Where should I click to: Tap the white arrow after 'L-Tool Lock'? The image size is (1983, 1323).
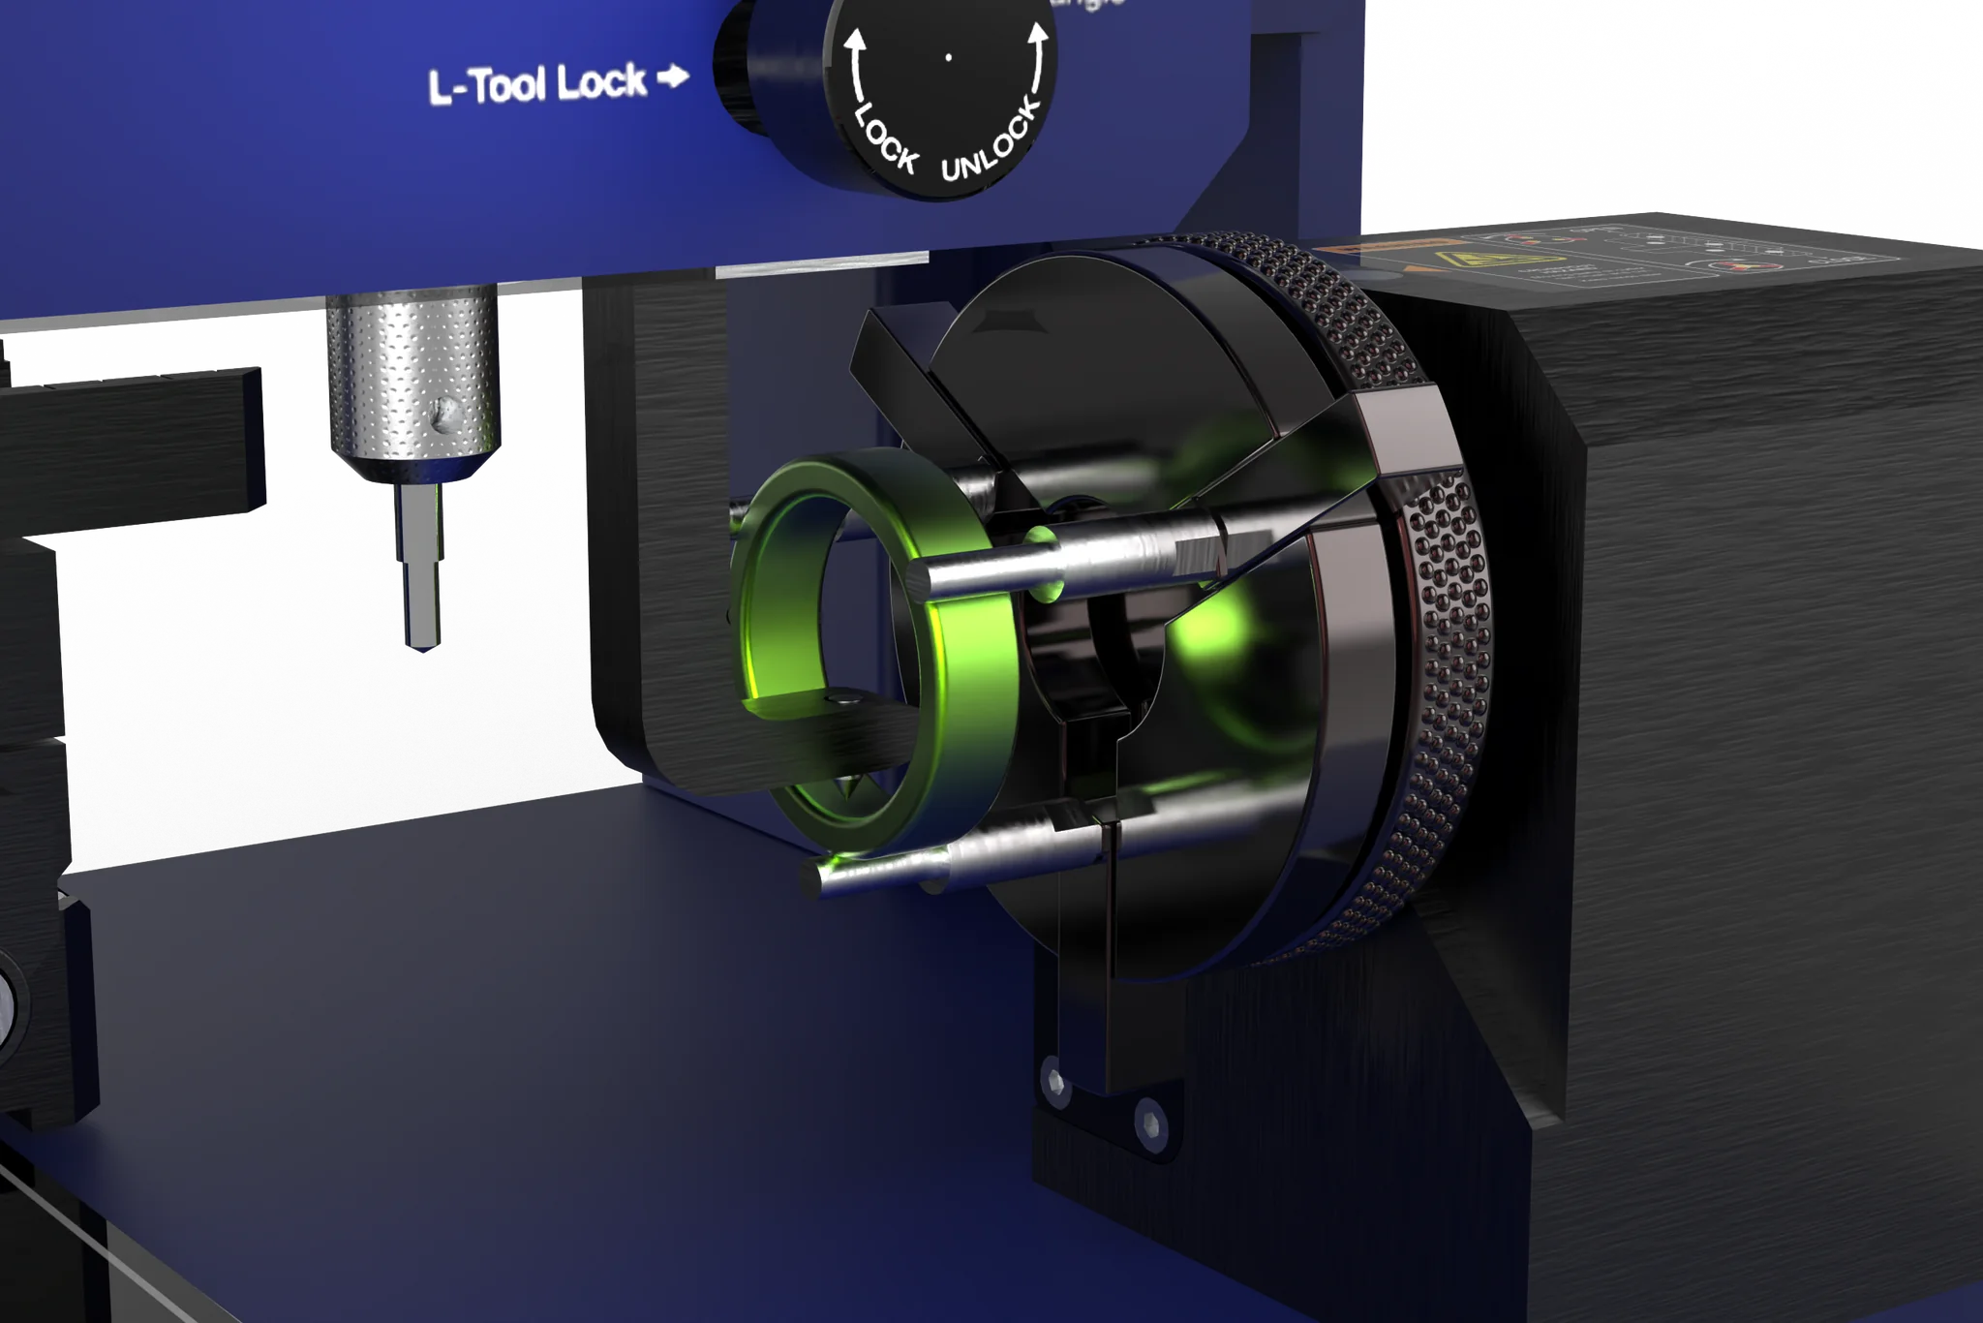pyautogui.click(x=673, y=77)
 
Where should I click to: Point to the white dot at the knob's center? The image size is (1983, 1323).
pyautogui.click(x=948, y=57)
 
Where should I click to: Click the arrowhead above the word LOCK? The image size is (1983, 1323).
pyautogui.click(x=854, y=41)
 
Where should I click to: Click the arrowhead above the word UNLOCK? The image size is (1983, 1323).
pyautogui.click(x=1038, y=35)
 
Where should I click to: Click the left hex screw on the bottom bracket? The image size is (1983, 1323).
pyautogui.click(x=1053, y=1077)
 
